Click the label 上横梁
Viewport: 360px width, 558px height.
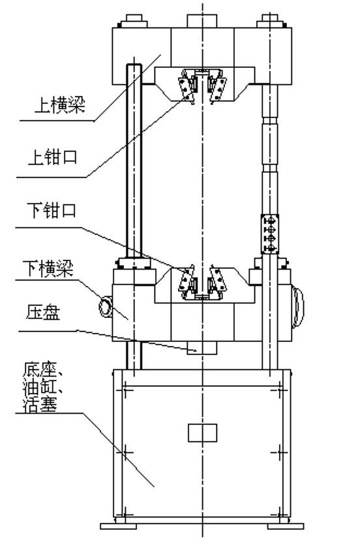60,104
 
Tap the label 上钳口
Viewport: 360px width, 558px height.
53,157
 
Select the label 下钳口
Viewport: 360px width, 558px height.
52,210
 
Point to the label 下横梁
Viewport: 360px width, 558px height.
48,268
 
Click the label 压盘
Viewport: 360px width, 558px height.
43,312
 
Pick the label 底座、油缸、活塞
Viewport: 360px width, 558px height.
42,388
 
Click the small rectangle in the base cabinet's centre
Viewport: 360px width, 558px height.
202,433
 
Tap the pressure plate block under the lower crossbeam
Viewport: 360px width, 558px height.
202,348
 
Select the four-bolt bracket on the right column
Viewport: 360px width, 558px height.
269,234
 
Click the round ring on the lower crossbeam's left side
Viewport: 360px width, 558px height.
106,307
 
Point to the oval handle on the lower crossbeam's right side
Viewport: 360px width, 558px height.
298,307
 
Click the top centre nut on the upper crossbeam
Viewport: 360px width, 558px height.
202,21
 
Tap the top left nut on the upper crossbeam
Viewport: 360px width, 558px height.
133,22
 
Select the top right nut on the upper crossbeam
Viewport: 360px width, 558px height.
271,21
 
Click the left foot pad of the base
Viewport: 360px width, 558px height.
118,526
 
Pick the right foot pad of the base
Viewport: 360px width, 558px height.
286,526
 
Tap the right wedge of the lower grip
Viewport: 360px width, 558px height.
218,279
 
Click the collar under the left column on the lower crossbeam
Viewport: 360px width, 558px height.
134,264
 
